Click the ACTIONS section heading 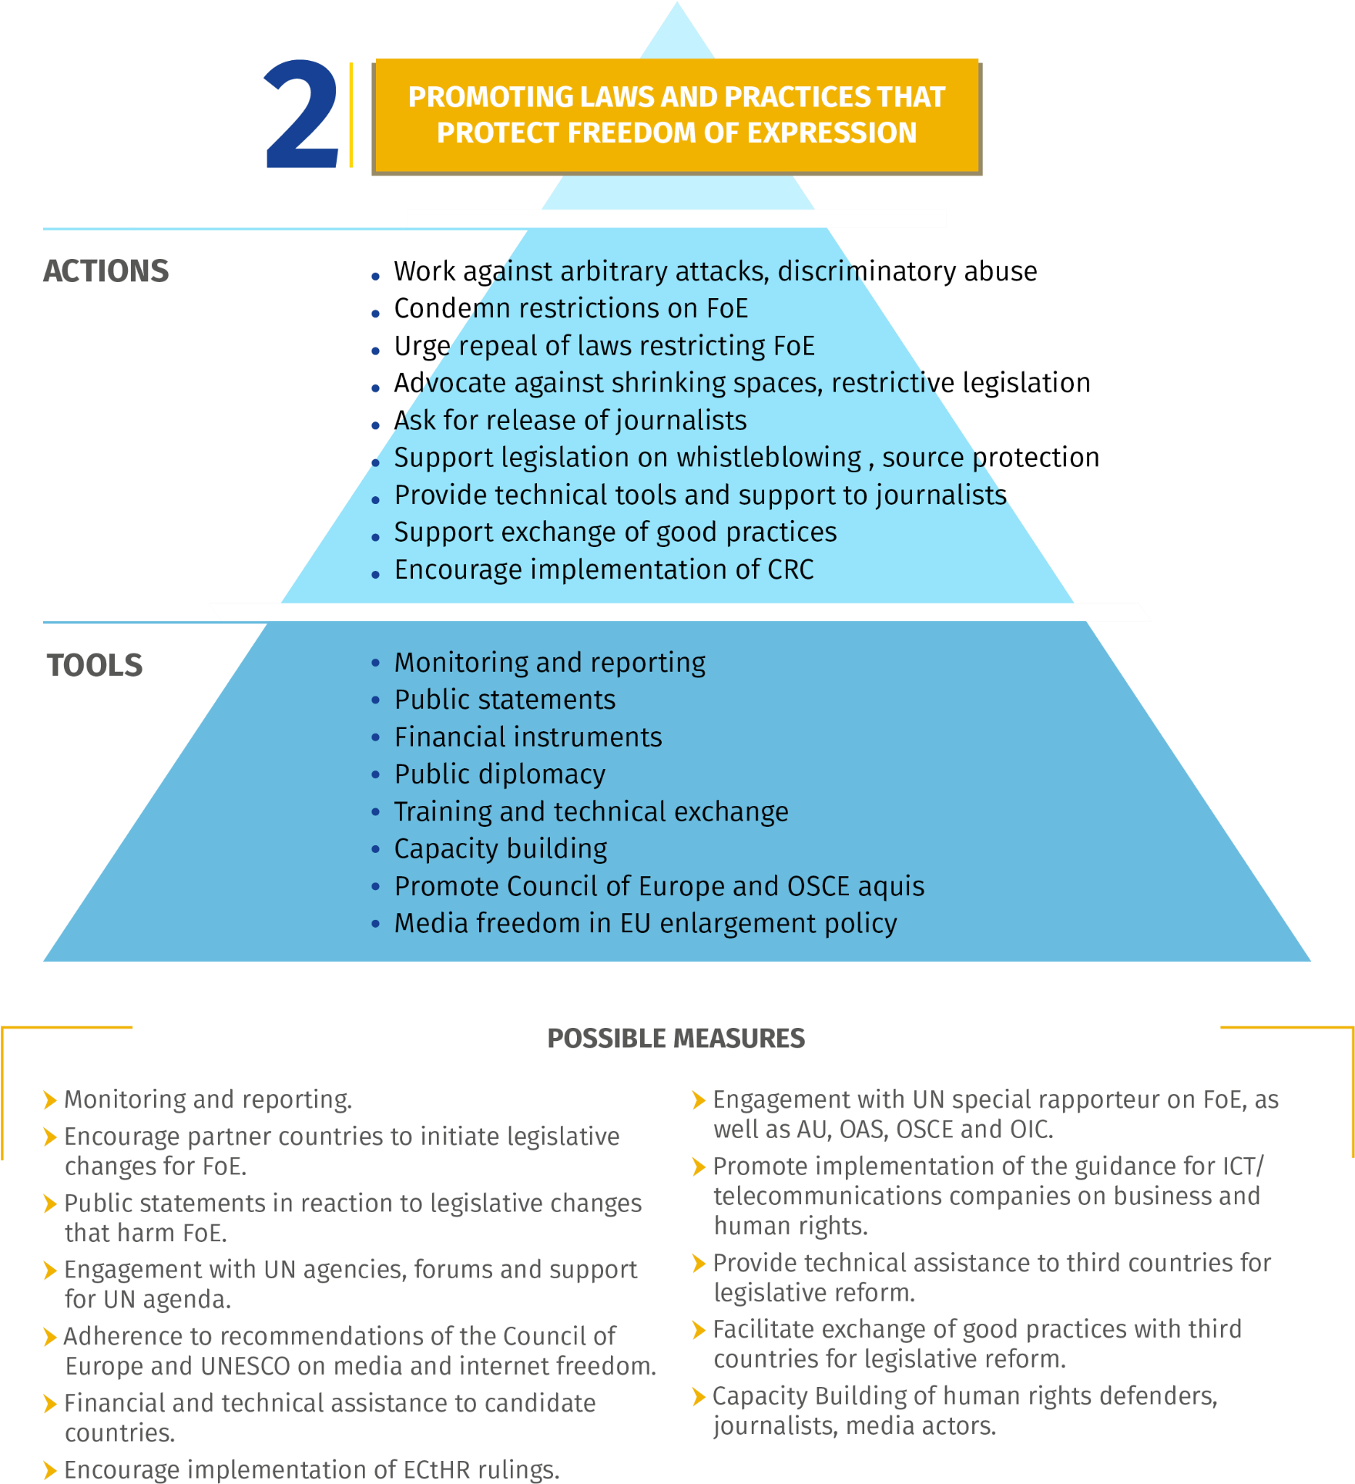point(106,271)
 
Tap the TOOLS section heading point(95,665)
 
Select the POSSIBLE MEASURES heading point(676,1039)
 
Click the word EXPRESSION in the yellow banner point(832,133)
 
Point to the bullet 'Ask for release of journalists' point(571,421)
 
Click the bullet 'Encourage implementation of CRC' point(604,570)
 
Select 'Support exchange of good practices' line point(615,532)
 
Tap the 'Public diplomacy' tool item point(500,774)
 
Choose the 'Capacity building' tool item point(501,849)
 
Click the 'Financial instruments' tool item point(528,737)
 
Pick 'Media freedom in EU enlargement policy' point(646,923)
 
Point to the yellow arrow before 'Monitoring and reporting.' point(51,1100)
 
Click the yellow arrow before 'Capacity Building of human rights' point(699,1396)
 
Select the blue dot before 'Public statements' point(375,700)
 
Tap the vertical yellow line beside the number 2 point(351,115)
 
